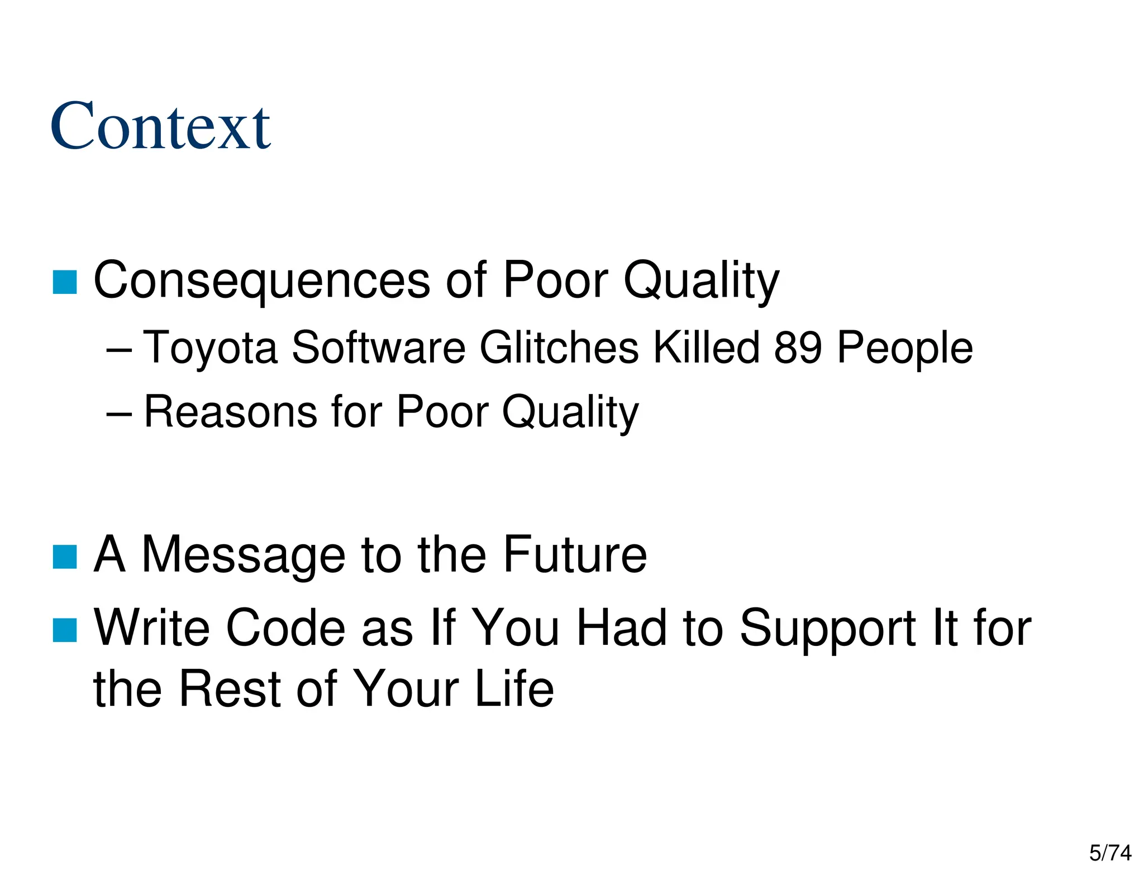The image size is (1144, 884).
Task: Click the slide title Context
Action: pyautogui.click(x=160, y=126)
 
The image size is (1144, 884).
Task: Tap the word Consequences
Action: pyautogui.click(x=262, y=280)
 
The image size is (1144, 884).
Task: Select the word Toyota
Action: pyautogui.click(x=211, y=348)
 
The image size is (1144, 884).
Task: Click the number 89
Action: pyautogui.click(x=798, y=348)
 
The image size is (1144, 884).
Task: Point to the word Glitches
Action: pyautogui.click(x=559, y=348)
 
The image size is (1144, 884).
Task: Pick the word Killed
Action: pyautogui.click(x=707, y=348)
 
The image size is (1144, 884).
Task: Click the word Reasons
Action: pyautogui.click(x=231, y=412)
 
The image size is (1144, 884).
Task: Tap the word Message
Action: pyautogui.click(x=244, y=555)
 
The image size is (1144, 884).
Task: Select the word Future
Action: pyautogui.click(x=575, y=555)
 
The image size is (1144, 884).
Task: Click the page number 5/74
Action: pyautogui.click(x=1110, y=853)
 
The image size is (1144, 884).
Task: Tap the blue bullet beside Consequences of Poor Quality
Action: pyautogui.click(x=65, y=282)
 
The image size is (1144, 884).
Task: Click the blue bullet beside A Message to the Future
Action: pyautogui.click(x=65, y=557)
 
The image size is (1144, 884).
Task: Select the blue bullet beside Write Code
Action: pyautogui.click(x=65, y=630)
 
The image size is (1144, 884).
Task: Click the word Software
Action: pyautogui.click(x=378, y=348)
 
